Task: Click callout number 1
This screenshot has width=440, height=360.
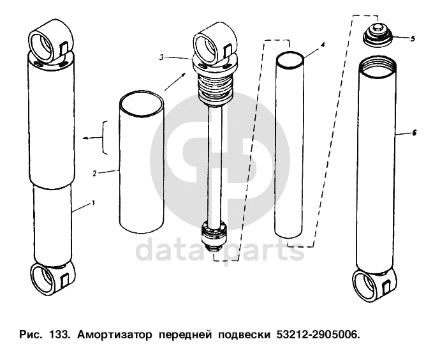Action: (94, 202)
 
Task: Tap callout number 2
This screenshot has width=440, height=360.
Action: (94, 174)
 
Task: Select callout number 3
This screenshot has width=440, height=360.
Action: (161, 57)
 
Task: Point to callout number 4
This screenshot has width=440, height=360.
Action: (323, 45)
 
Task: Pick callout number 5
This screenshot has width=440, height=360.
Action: (413, 38)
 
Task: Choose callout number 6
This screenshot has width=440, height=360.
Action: (414, 133)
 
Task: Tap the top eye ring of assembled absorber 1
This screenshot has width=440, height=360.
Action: (41, 46)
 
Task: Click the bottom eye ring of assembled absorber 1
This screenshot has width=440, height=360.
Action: (43, 280)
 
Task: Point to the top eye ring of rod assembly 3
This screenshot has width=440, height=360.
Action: (206, 49)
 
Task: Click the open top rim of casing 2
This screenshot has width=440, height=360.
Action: (140, 103)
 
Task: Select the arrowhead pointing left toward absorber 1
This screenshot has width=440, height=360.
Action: (85, 138)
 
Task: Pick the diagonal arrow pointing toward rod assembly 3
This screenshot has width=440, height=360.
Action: (175, 82)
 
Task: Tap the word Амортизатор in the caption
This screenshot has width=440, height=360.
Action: (115, 335)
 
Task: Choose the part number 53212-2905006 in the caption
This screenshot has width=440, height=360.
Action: (318, 334)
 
